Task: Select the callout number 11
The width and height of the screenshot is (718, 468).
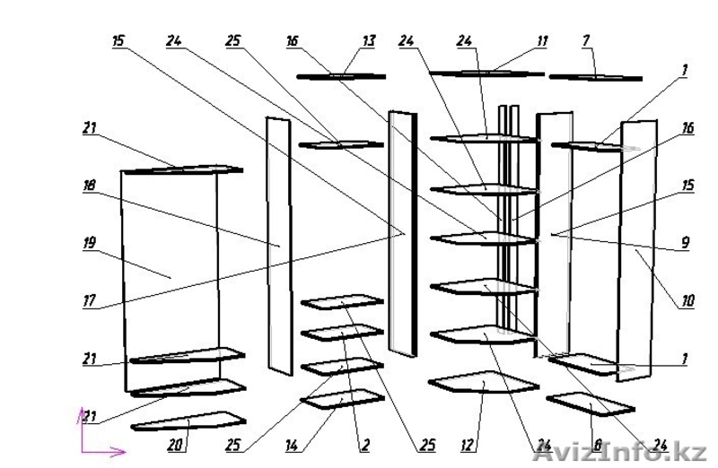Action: tap(541, 41)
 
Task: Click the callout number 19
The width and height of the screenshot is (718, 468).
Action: tap(89, 241)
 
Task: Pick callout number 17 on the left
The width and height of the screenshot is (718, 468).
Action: tap(89, 302)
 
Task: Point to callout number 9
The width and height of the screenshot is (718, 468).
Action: tap(684, 242)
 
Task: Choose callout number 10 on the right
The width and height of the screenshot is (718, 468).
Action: tap(687, 302)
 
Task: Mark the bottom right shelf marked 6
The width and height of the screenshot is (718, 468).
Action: tap(591, 403)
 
